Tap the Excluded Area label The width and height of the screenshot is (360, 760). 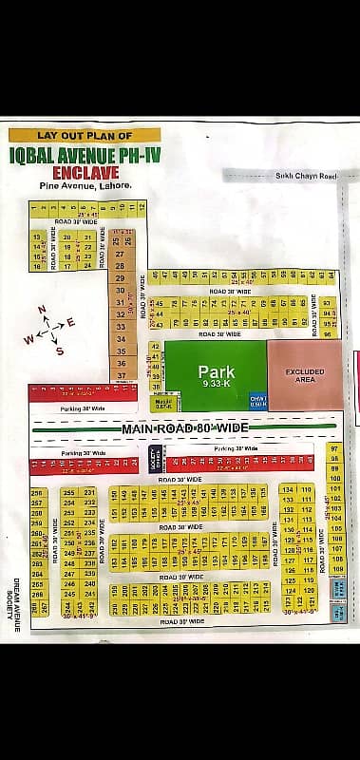pos(304,375)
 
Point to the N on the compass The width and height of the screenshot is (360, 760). pos(41,310)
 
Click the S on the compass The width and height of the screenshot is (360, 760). pos(60,351)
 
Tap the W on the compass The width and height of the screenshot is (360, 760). pos(28,339)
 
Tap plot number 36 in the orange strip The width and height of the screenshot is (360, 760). pos(121,363)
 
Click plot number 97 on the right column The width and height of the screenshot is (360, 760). pos(333,447)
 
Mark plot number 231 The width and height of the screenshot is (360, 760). pos(89,492)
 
